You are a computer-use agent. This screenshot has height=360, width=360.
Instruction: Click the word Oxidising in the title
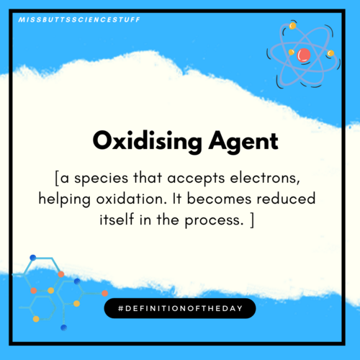pos(147,142)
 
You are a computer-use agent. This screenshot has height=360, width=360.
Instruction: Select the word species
pos(101,179)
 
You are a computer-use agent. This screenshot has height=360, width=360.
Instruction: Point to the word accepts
pos(196,179)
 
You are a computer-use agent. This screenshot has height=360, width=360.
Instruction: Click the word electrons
pos(265,179)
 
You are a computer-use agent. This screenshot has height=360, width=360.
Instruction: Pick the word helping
pos(65,199)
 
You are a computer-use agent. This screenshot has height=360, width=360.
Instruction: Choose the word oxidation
pos(132,199)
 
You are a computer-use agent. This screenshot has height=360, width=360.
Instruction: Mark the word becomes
pos(219,199)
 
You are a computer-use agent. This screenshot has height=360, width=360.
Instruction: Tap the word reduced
pos(286,199)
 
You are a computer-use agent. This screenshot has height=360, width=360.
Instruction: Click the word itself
pos(117,219)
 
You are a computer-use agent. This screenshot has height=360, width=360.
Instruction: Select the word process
pos(212,221)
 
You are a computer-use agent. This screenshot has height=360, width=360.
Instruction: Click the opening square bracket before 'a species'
pos(57,179)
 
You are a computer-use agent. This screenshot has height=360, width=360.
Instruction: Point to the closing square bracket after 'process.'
pos(252,220)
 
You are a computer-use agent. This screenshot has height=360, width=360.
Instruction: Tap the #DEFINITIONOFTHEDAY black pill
pos(180,308)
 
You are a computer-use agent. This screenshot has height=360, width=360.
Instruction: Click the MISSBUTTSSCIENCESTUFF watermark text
pos(79,19)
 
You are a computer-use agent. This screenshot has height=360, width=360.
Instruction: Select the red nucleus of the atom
pos(304,55)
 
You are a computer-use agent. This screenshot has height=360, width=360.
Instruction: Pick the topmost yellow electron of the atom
pos(292,26)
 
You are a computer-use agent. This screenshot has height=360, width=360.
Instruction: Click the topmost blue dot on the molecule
pos(33,258)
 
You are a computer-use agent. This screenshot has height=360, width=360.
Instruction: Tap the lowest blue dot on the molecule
pos(64,328)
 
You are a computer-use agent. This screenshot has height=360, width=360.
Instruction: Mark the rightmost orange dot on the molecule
pos(105,293)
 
